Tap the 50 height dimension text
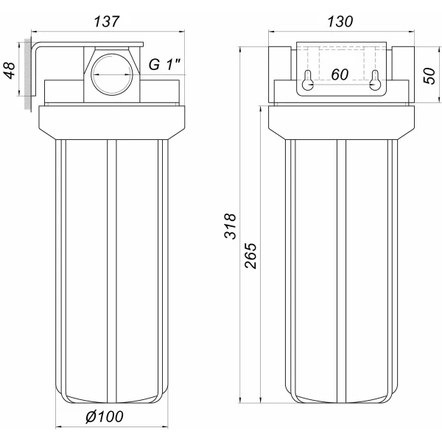tap(428, 74)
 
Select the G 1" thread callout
tap(165, 66)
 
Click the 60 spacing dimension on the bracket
tap(340, 75)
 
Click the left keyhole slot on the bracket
tap(309, 81)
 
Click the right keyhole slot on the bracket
tap(375, 81)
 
